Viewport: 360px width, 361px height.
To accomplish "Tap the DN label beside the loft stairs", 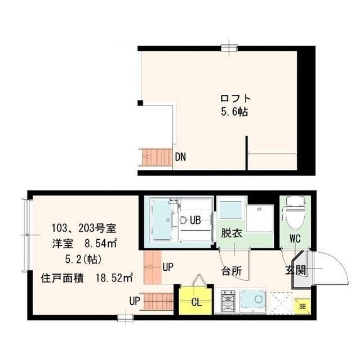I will point(180,157).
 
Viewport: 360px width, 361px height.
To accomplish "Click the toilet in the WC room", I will point(295,213).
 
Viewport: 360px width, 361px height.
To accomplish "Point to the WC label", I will point(295,238).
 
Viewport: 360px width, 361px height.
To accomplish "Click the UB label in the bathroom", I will point(195,220).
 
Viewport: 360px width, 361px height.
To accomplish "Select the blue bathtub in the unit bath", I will point(163,221).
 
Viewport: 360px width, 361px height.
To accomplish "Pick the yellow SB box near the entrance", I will point(303,306).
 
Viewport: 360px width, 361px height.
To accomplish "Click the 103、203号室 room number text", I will point(83,228).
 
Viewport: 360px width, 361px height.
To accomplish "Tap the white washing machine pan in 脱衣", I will point(259,218).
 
